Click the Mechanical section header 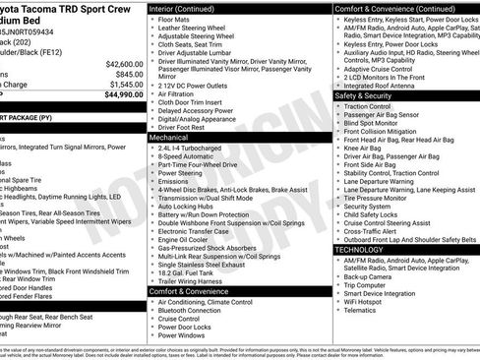[x=168, y=137]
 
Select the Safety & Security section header [x=364, y=95]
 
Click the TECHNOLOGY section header [x=358, y=250]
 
